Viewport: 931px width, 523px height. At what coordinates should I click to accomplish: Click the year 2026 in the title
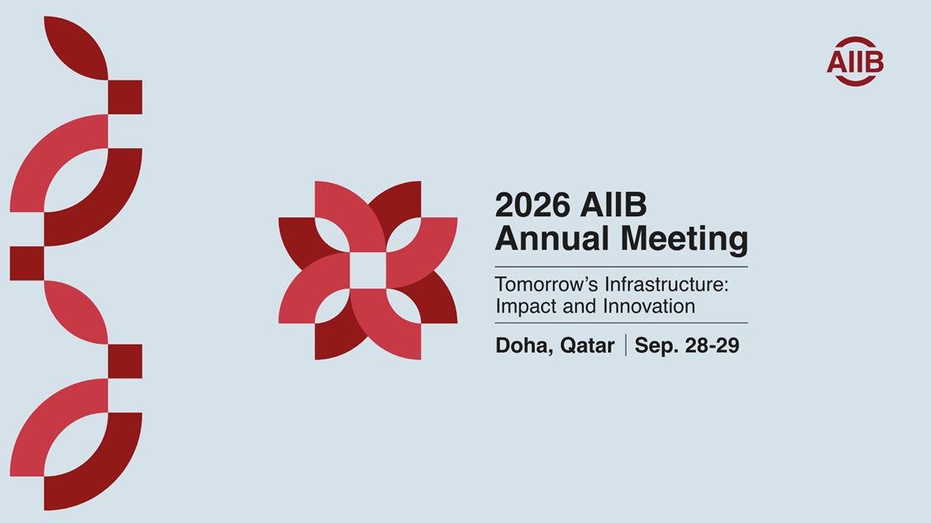[x=532, y=205]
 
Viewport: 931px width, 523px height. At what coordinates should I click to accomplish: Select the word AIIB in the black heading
[x=613, y=205]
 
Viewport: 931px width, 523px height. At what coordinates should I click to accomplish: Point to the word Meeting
[x=684, y=240]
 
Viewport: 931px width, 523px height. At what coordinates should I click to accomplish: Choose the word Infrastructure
[x=666, y=284]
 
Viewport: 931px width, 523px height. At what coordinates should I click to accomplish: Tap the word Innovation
[x=649, y=306]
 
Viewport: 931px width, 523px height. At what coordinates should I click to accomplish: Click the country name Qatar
[x=587, y=346]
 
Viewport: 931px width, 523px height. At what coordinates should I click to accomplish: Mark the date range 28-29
[x=712, y=345]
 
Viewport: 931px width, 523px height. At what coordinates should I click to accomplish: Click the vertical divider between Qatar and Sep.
[x=625, y=345]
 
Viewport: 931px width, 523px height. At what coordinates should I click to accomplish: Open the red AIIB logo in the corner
[x=855, y=61]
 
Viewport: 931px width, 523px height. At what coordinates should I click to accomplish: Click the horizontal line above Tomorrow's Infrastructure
[x=621, y=267]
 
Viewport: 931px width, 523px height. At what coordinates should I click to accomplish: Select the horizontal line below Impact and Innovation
[x=621, y=323]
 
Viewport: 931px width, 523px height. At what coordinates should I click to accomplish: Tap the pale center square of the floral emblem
[x=368, y=270]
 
